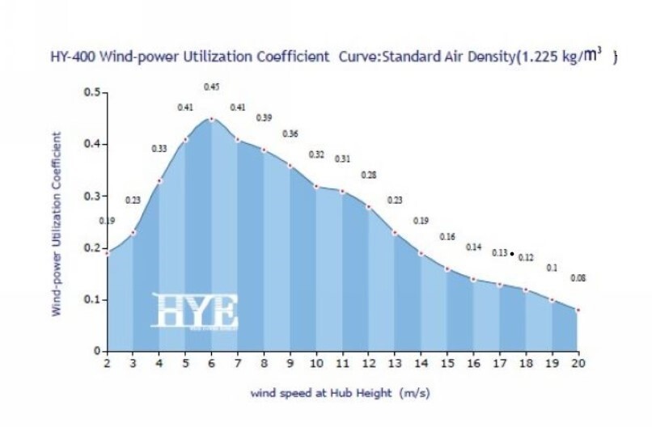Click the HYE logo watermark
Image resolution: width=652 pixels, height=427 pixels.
click(x=196, y=311)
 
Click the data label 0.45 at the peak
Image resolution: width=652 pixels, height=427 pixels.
click(x=211, y=87)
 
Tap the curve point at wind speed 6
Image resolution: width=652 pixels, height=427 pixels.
click(x=212, y=119)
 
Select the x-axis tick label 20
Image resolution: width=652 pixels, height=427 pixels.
click(x=578, y=364)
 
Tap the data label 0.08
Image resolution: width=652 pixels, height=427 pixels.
click(x=578, y=278)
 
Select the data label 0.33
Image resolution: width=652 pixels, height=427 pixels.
click(x=159, y=149)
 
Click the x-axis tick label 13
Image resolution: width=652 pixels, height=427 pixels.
click(x=395, y=364)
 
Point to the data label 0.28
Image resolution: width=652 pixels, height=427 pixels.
click(x=369, y=175)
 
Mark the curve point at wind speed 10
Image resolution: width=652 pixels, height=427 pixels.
click(x=316, y=186)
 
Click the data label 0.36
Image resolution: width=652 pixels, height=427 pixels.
click(x=290, y=133)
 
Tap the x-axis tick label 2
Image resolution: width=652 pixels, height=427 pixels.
click(x=107, y=364)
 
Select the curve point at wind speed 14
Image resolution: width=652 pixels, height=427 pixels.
click(x=421, y=253)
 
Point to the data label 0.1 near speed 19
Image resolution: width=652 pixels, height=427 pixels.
click(x=553, y=268)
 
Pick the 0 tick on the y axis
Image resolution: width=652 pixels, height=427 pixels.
click(x=97, y=351)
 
